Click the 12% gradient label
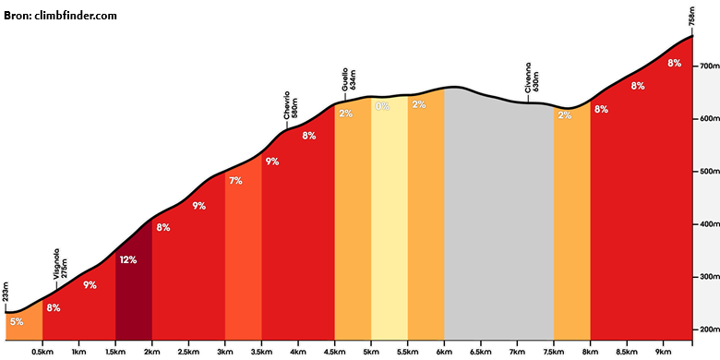tap(128, 260)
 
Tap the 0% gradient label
tap(382, 106)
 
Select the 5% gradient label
tap(17, 322)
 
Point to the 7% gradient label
tap(235, 181)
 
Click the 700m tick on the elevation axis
tap(710, 66)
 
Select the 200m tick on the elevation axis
tap(710, 330)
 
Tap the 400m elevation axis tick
tap(710, 224)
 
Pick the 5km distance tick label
tap(371, 352)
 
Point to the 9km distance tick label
tap(663, 352)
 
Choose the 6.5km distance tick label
tap(481, 352)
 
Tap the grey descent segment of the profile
tap(498, 216)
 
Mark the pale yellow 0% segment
tap(390, 221)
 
